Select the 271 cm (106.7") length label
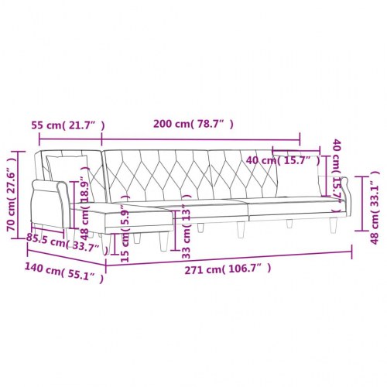click(229, 269)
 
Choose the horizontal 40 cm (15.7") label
click(282, 160)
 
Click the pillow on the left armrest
click(66, 166)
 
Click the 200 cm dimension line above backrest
click(201, 140)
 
